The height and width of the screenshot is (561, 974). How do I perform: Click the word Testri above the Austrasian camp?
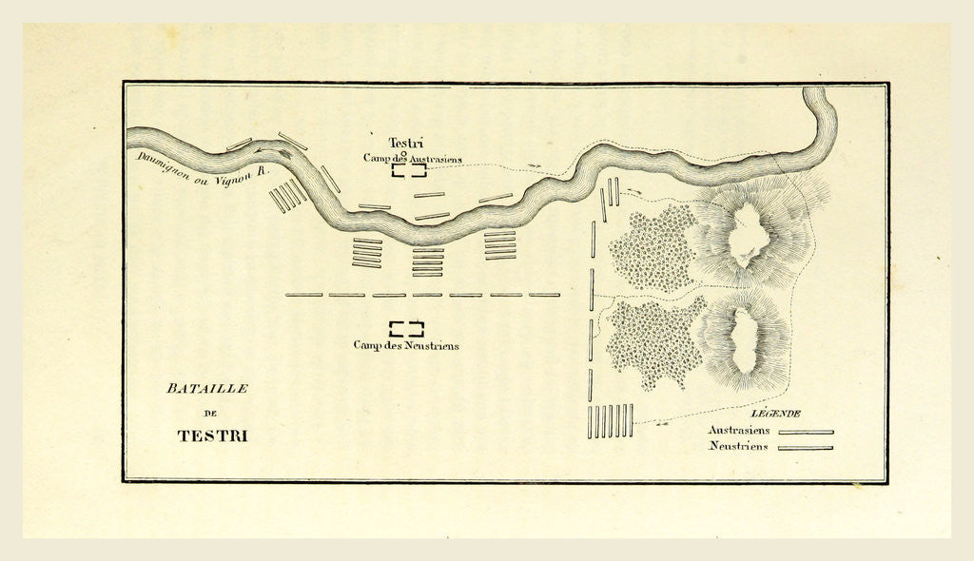(406, 144)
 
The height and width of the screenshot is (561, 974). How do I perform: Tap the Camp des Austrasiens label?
(412, 159)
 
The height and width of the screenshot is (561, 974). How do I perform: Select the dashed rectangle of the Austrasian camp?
(408, 171)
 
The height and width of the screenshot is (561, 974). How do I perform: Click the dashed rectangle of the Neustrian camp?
(406, 329)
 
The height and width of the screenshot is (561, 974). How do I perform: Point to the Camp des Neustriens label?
(406, 345)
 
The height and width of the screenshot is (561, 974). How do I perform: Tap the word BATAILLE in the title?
(206, 389)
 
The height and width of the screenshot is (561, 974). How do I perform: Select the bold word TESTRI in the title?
(212, 436)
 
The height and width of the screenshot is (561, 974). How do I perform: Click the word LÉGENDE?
(775, 414)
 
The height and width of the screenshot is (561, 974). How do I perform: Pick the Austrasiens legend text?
(739, 430)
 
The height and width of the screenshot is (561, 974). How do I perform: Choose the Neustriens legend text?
(739, 446)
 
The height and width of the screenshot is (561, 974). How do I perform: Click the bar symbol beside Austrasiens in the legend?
(806, 432)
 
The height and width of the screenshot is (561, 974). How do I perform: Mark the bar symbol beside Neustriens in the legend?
(806, 448)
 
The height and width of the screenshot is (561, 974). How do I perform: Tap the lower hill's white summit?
(744, 339)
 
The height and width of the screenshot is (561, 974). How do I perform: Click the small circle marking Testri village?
(404, 152)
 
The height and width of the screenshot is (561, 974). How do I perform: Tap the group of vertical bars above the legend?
(610, 421)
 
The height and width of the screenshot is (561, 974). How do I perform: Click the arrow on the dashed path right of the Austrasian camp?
(536, 165)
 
